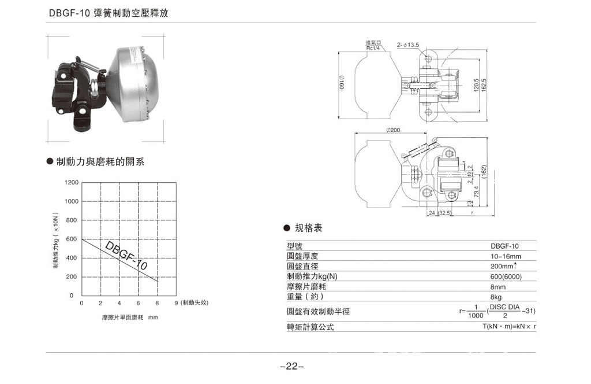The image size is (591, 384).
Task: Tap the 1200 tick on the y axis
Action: tap(72, 183)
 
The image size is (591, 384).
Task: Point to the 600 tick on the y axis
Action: tap(72, 239)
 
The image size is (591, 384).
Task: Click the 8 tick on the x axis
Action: tap(157, 303)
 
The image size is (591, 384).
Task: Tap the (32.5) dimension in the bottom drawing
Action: tap(444, 213)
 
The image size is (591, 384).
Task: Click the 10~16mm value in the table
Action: tap(506, 256)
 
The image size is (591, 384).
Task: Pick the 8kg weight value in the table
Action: tap(498, 297)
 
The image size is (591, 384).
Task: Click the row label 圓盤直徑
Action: tap(302, 266)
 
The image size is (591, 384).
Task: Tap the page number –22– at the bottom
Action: tap(291, 366)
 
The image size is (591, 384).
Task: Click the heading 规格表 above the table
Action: tap(308, 228)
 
